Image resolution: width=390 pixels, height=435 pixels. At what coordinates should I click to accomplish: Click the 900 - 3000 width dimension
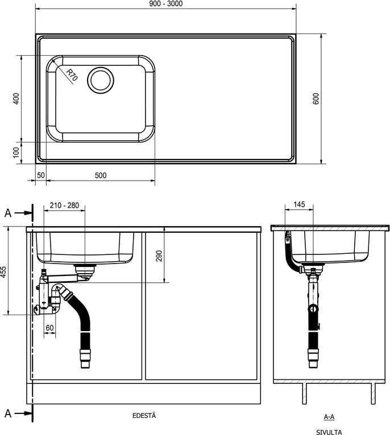(165, 4)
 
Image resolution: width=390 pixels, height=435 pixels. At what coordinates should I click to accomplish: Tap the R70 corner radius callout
(72, 75)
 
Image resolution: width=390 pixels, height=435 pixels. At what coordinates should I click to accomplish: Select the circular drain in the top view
(101, 80)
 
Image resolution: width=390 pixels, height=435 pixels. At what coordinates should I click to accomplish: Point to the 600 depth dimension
(316, 98)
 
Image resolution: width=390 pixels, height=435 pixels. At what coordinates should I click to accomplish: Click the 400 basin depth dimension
(16, 98)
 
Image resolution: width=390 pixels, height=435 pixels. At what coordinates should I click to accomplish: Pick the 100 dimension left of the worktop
(16, 152)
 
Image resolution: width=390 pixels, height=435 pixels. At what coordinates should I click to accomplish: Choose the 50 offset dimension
(41, 175)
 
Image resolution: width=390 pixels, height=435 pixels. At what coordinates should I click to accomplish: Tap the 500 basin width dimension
(101, 175)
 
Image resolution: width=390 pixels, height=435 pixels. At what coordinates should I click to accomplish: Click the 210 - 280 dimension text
(64, 206)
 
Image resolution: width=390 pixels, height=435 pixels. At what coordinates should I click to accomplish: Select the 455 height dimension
(3, 272)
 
